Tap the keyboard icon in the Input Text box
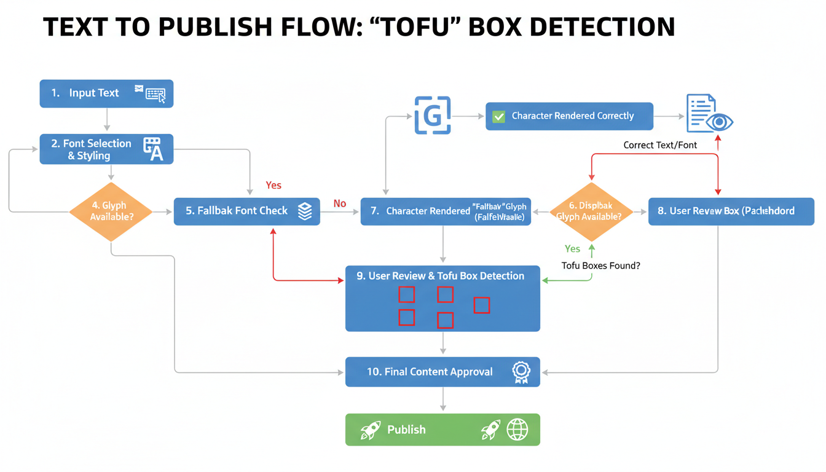(x=155, y=94)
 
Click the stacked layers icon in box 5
(x=305, y=211)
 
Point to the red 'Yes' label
(x=273, y=185)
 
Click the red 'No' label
(x=340, y=203)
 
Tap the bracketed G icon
(x=433, y=116)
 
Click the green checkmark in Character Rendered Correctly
(x=499, y=116)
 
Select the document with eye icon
(x=709, y=114)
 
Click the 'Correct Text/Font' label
(x=660, y=145)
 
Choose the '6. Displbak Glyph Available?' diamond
(x=591, y=211)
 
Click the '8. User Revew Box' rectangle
(x=731, y=211)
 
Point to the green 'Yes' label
(x=572, y=249)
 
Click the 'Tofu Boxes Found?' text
(x=600, y=266)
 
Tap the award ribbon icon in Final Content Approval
(x=521, y=372)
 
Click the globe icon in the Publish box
(x=517, y=430)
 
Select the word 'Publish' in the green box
(x=406, y=430)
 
